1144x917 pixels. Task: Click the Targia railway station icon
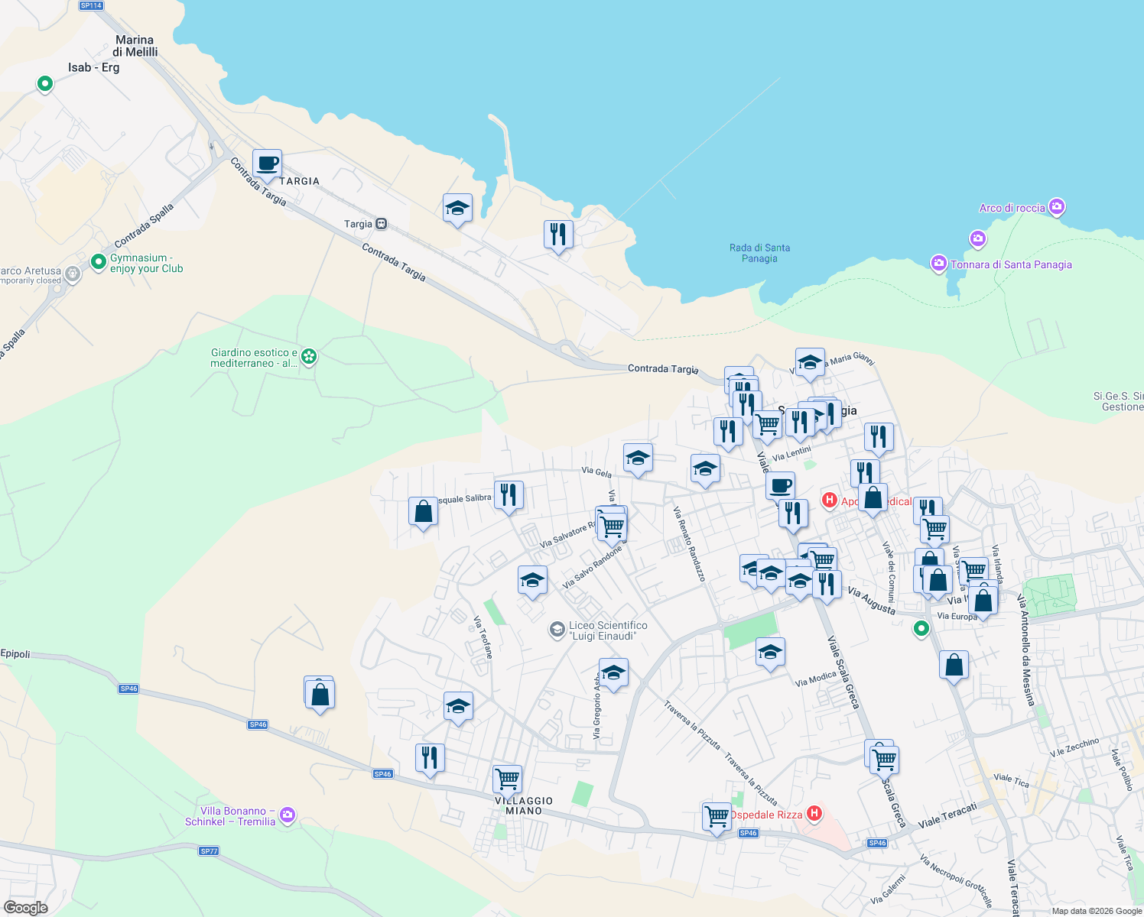click(381, 224)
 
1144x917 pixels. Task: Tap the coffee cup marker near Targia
click(267, 164)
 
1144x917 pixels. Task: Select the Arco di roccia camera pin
click(1057, 206)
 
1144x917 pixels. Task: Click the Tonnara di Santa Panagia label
click(1010, 264)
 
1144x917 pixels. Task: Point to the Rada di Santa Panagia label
click(759, 253)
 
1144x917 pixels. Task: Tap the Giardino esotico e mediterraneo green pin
click(309, 356)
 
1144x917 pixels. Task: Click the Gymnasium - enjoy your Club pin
click(99, 262)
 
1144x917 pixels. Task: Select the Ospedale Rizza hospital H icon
click(814, 813)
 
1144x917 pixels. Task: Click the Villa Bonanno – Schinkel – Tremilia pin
click(288, 815)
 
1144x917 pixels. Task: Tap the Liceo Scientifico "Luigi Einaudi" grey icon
click(557, 630)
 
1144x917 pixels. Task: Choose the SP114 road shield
click(91, 5)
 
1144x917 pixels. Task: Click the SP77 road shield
click(209, 851)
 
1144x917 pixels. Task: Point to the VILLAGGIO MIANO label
click(524, 805)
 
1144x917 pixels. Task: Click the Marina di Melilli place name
click(135, 46)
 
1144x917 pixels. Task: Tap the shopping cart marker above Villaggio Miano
click(507, 779)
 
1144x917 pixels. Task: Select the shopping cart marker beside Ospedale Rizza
click(717, 815)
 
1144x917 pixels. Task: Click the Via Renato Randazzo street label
click(689, 543)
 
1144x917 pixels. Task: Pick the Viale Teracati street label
click(947, 815)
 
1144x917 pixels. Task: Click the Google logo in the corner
click(26, 908)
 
